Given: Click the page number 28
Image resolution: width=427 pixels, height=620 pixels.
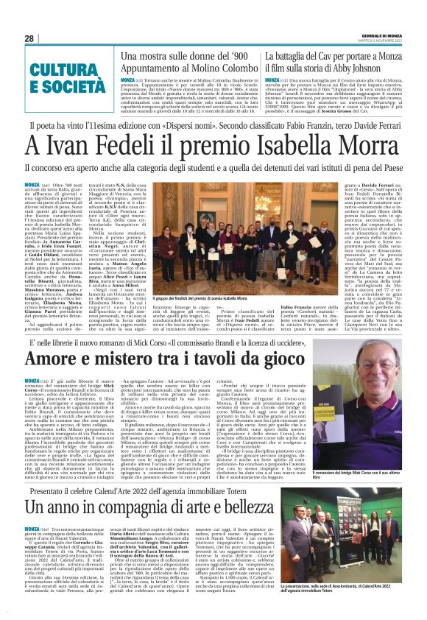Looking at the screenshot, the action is [29, 39].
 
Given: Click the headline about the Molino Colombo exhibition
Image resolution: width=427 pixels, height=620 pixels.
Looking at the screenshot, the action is [186, 62].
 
